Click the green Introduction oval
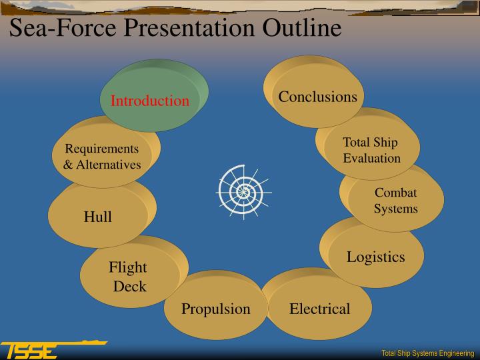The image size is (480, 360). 151,100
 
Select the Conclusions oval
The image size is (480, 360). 317,97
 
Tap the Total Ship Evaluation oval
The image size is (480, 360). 371,150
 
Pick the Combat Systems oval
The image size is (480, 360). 395,201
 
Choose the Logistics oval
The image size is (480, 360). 375,257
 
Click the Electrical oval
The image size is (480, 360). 319,309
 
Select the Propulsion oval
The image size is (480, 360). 216,309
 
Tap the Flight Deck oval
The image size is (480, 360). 129,277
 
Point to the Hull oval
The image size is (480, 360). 98,217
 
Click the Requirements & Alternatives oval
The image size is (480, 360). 102,157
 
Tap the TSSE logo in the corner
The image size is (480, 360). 30,350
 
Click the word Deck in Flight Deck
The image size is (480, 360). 129,287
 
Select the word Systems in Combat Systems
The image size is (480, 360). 395,209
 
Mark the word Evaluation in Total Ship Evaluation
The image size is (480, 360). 371,158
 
